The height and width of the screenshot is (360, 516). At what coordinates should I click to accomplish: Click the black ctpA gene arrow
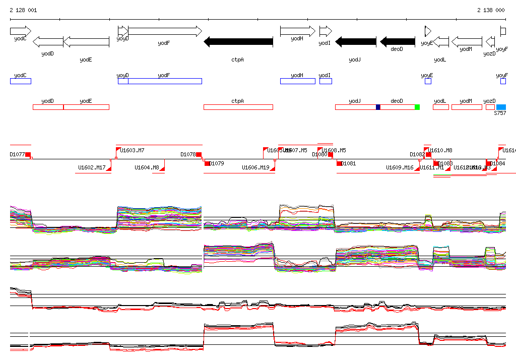tap(238, 42)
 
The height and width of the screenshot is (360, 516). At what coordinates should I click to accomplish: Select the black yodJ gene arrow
tap(356, 42)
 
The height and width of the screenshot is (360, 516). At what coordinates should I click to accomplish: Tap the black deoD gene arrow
tap(398, 42)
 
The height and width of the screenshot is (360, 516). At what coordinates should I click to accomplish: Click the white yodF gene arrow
tap(165, 31)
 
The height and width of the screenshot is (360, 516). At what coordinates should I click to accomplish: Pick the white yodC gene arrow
tap(20, 31)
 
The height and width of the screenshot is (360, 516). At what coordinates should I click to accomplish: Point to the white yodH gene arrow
tap(297, 31)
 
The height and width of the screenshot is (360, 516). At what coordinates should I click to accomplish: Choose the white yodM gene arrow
tap(467, 42)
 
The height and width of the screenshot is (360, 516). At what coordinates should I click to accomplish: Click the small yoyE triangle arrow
tap(428, 31)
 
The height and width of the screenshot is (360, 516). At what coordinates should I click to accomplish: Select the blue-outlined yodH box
tap(297, 81)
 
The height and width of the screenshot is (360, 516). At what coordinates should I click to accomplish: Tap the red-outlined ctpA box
tap(238, 107)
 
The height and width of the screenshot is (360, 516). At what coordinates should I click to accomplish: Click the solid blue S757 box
tap(501, 107)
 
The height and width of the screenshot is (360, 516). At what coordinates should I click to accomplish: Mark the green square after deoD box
tap(417, 107)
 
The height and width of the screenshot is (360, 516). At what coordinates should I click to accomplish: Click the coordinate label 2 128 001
tap(23, 10)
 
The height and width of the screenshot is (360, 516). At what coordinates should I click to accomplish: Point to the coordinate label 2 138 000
tap(491, 10)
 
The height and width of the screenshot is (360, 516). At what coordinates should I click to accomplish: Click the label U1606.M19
tap(255, 168)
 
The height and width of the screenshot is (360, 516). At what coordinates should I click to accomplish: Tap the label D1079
tap(217, 163)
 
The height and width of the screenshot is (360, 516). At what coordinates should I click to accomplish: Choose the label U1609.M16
tap(400, 168)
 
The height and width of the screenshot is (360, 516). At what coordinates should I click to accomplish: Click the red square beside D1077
tap(28, 155)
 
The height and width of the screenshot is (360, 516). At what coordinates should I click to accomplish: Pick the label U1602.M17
tap(92, 168)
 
